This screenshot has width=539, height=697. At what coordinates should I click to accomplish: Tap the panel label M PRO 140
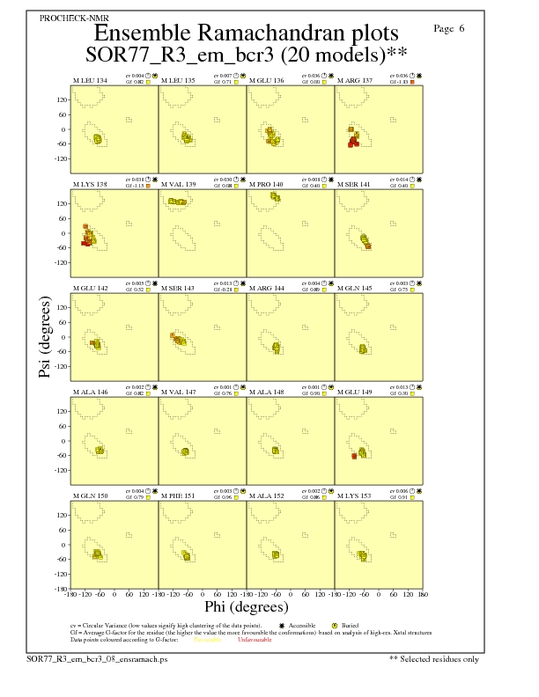[267, 185]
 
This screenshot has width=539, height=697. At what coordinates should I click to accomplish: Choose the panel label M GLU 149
[356, 393]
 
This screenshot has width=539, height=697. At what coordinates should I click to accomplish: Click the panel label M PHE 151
[178, 496]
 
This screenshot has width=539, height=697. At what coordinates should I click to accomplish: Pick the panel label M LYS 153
[355, 496]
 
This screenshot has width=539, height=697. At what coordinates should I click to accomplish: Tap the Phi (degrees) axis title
[247, 607]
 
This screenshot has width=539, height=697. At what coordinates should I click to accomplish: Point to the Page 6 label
[450, 29]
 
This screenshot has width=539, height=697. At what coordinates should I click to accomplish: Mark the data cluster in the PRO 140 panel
[276, 195]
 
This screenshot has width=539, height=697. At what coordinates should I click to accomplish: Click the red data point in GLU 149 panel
[354, 456]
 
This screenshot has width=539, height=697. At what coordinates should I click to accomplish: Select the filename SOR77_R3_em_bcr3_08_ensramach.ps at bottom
[97, 658]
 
